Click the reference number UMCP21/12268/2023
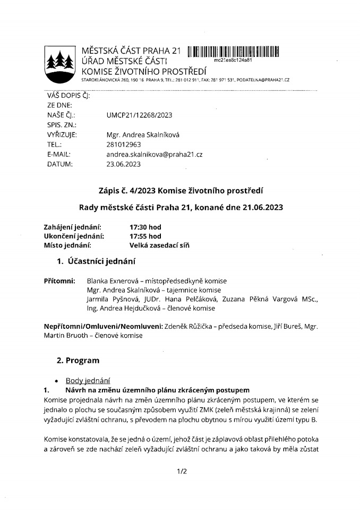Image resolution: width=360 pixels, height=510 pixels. [x=140, y=115]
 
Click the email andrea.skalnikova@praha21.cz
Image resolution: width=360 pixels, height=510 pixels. [x=155, y=154]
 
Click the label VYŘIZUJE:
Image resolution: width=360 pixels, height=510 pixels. [x=62, y=134]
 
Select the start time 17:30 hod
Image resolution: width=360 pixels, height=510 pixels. [x=145, y=227]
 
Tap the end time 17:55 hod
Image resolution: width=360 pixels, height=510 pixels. [x=145, y=236]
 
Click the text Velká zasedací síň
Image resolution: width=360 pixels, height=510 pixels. [x=159, y=245]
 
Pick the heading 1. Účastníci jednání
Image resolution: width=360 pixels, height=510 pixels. [x=96, y=261]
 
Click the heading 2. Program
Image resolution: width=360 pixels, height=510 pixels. [x=78, y=361]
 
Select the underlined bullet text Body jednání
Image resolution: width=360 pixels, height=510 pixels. [x=88, y=380]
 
